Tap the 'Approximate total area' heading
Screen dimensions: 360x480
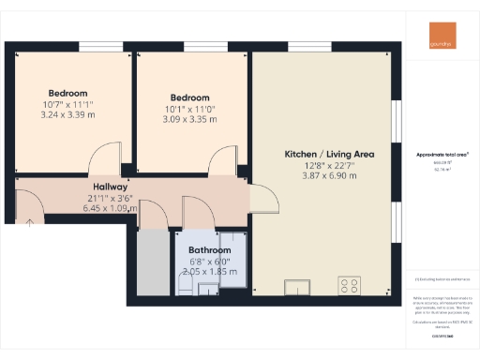tap(442, 154)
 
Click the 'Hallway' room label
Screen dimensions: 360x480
tap(109, 187)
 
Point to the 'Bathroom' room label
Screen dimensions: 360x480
tap(209, 250)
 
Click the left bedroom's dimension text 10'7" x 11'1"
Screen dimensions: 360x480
tap(68, 105)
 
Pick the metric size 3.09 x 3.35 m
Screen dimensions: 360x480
tap(190, 119)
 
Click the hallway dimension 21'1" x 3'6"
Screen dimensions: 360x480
tap(109, 198)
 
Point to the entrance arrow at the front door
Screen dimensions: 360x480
tap(29, 221)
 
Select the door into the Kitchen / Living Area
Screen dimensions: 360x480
tap(262, 197)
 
